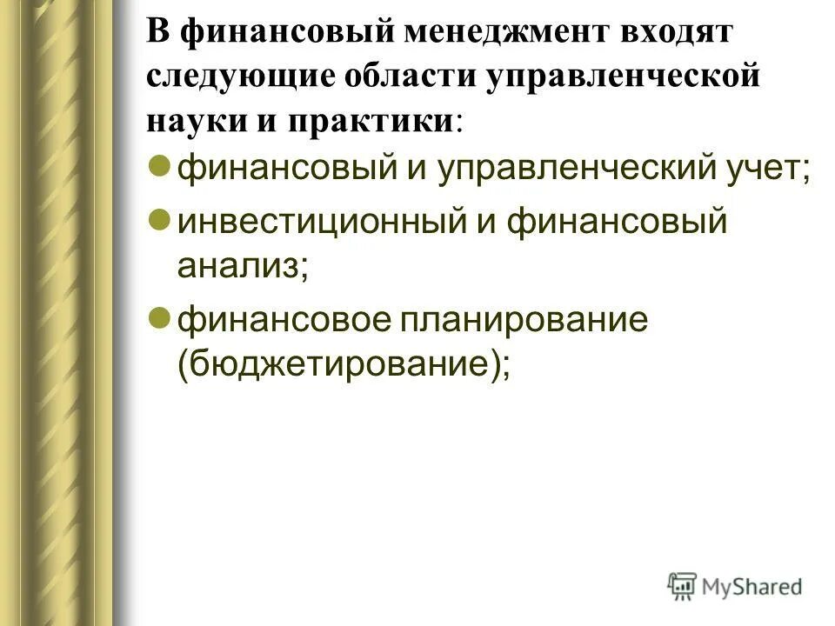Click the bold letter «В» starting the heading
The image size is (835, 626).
157,35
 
